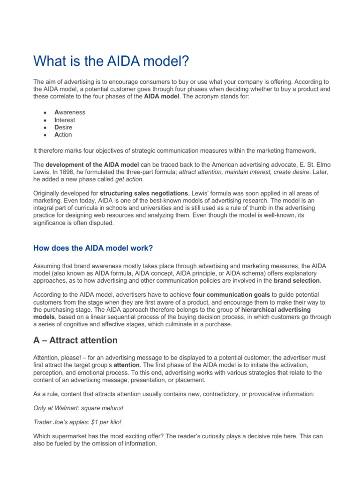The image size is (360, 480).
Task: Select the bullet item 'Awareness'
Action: coord(70,112)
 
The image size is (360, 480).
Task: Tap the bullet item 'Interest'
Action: coord(65,120)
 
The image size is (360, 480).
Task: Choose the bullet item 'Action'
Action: coord(63,135)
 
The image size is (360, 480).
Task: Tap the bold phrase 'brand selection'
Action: coord(298,280)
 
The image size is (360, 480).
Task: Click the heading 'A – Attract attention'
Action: coord(75,340)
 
